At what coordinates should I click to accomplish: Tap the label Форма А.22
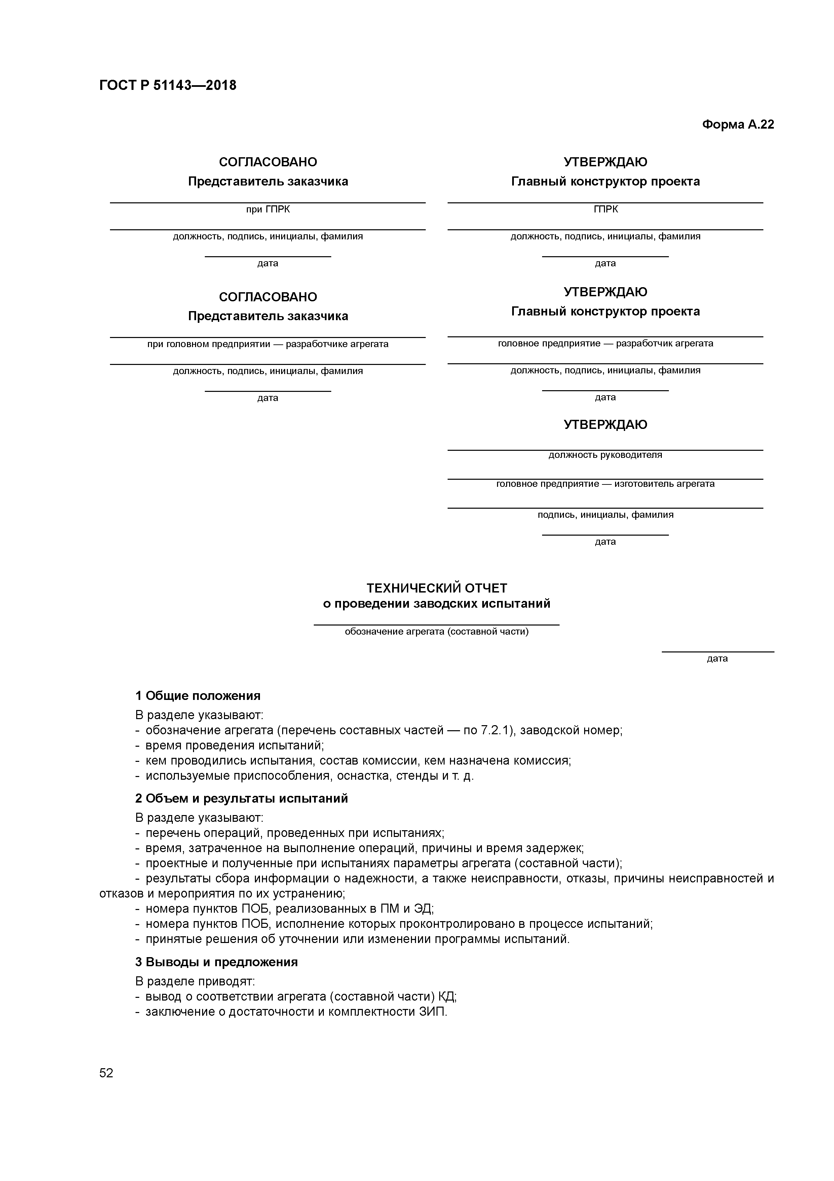[737, 125]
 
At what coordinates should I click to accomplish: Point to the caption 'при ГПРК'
[267, 209]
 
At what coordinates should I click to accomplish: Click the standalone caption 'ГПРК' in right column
[605, 209]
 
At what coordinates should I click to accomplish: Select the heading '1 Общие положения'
[198, 696]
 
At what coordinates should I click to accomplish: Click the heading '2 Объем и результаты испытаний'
[241, 798]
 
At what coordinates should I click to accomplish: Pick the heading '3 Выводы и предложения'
[216, 961]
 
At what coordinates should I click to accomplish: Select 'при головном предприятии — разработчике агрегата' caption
[267, 344]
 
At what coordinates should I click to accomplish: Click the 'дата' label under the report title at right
[717, 659]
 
